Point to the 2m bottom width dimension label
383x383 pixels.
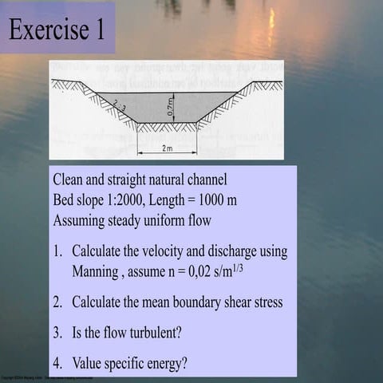coord(167,148)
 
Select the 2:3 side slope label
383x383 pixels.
coord(120,104)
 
